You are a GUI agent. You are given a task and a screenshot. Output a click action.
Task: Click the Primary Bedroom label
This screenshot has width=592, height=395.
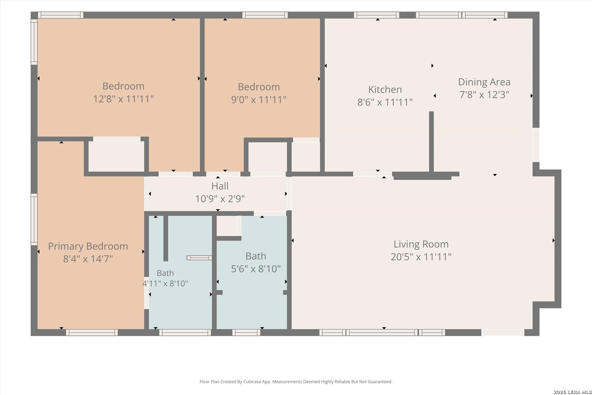[88, 247]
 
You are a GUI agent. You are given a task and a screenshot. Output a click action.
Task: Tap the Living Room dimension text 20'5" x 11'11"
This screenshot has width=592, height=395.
[421, 257]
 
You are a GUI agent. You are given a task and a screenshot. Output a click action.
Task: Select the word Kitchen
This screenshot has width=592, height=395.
[385, 90]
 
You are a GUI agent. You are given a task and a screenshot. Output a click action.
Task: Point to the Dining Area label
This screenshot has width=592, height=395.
[484, 82]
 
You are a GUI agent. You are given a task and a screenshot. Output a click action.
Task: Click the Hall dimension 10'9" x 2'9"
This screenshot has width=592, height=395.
[220, 199]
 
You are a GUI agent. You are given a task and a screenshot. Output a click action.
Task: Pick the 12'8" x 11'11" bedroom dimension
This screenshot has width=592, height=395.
[124, 99]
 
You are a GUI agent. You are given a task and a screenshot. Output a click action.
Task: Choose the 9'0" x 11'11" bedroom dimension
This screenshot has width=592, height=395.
[259, 100]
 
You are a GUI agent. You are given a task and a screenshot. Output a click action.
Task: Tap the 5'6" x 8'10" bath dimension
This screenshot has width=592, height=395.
[256, 269]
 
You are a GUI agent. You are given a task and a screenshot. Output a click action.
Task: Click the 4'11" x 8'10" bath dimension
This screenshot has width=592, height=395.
[165, 283]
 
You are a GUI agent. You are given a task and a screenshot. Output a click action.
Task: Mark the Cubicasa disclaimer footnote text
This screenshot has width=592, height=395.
[296, 381]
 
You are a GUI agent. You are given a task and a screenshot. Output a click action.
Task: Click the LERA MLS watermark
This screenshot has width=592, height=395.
[572, 392]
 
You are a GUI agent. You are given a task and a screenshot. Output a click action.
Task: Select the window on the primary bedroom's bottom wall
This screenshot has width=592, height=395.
[92, 332]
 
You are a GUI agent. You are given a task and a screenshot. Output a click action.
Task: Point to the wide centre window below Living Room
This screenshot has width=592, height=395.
[382, 332]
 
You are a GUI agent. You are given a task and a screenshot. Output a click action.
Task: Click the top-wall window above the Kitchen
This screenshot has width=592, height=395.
[377, 15]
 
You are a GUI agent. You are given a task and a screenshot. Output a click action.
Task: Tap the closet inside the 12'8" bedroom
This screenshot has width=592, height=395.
[116, 157]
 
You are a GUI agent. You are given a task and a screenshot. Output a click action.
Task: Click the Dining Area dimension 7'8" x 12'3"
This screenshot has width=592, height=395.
[484, 95]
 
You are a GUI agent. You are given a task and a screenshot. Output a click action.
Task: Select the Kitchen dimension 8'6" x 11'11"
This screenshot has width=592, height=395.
[385, 102]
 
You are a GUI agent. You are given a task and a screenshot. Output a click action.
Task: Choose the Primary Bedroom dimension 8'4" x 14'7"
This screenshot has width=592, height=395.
[88, 259]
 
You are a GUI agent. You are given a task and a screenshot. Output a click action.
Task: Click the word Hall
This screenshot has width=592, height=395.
[220, 186]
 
